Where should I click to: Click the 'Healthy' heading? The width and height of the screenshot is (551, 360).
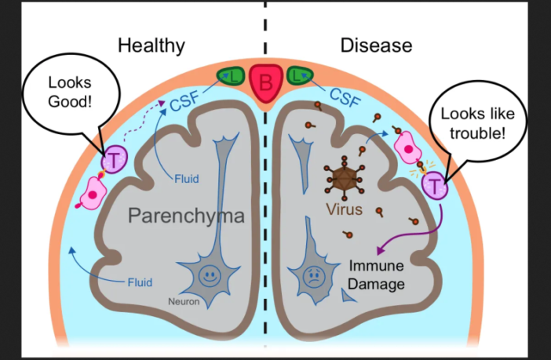pos(151,45)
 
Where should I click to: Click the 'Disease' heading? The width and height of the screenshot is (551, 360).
pos(375,45)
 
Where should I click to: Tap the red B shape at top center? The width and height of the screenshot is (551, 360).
pos(265,82)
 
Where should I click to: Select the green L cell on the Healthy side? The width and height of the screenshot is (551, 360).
pos(233,75)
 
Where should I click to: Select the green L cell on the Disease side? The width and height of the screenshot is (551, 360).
pos(297,75)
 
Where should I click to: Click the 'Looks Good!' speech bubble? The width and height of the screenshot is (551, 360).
pos(70,93)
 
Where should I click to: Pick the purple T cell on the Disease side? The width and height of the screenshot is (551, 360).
pos(433,185)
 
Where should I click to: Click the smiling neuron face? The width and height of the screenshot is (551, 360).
pos(210,277)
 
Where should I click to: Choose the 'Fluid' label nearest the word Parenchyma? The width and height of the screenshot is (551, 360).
pos(186,179)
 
